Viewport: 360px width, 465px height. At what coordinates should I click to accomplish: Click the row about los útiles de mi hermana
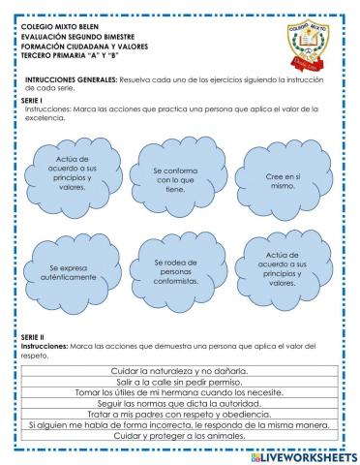(x=180, y=392)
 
